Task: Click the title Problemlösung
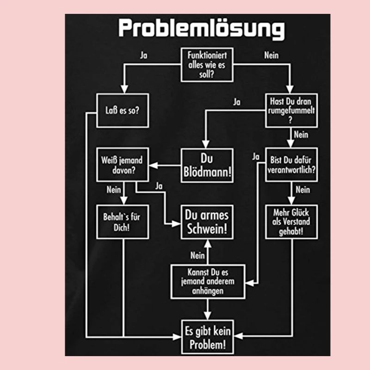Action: (x=201, y=29)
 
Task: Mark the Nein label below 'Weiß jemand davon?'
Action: (x=113, y=189)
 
